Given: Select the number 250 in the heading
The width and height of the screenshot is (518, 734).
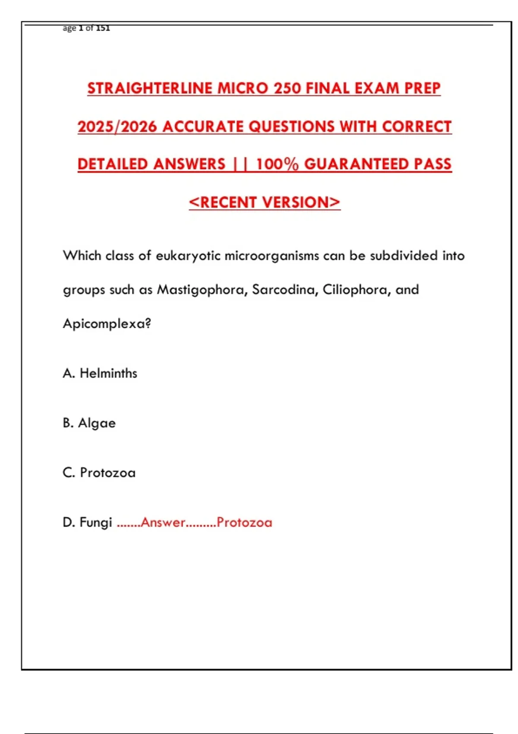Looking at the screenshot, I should click(x=288, y=89).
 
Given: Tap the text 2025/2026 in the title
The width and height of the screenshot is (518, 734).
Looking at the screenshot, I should click(x=117, y=127).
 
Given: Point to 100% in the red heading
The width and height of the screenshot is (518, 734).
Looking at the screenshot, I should click(x=277, y=165).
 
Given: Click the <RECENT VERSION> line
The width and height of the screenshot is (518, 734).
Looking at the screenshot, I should click(x=265, y=202).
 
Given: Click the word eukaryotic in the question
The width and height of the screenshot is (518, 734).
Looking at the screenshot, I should click(x=188, y=256).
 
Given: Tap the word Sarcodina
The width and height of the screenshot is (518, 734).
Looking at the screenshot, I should click(x=285, y=290).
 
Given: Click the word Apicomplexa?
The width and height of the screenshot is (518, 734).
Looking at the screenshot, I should click(x=107, y=324).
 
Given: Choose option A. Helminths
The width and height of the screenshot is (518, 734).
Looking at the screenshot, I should click(x=100, y=373).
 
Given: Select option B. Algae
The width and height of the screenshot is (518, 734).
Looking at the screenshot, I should click(x=89, y=423).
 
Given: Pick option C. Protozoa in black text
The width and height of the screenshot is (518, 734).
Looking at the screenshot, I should click(x=99, y=473).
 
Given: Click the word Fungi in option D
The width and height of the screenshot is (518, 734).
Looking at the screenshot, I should click(x=96, y=523).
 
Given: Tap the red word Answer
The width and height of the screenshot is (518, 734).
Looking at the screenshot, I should click(x=163, y=523).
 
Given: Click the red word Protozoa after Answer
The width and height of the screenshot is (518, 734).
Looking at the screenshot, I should click(x=244, y=523).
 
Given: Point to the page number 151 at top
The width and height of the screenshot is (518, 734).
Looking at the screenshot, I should click(x=103, y=28).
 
